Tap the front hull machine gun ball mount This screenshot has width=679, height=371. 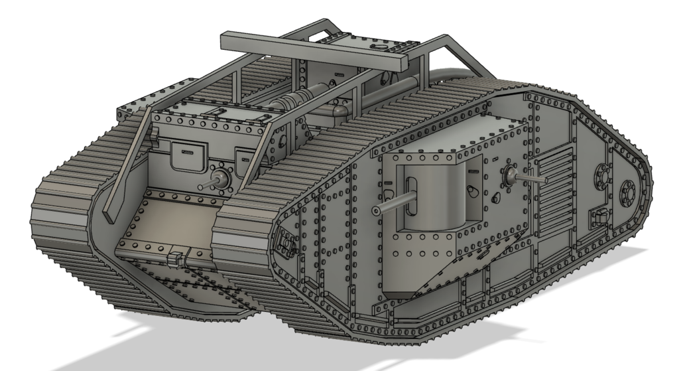pos(221,177)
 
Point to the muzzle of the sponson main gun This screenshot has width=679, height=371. pos(376,210)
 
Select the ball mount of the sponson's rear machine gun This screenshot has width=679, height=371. pos(511,175)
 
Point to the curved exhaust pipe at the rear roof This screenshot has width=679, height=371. pos(451,74)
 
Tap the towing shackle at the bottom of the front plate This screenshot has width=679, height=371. pos(176,258)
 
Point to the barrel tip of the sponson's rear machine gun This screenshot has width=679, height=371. pos(545,179)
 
